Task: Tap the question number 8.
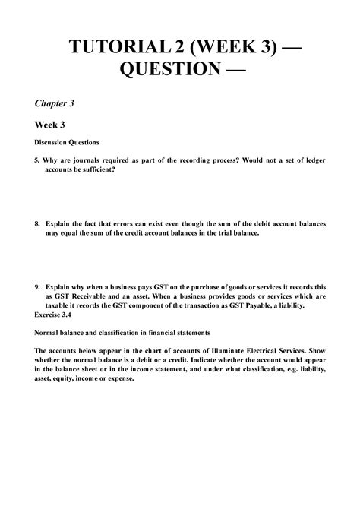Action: click(x=36, y=225)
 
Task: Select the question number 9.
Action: click(x=36, y=288)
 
